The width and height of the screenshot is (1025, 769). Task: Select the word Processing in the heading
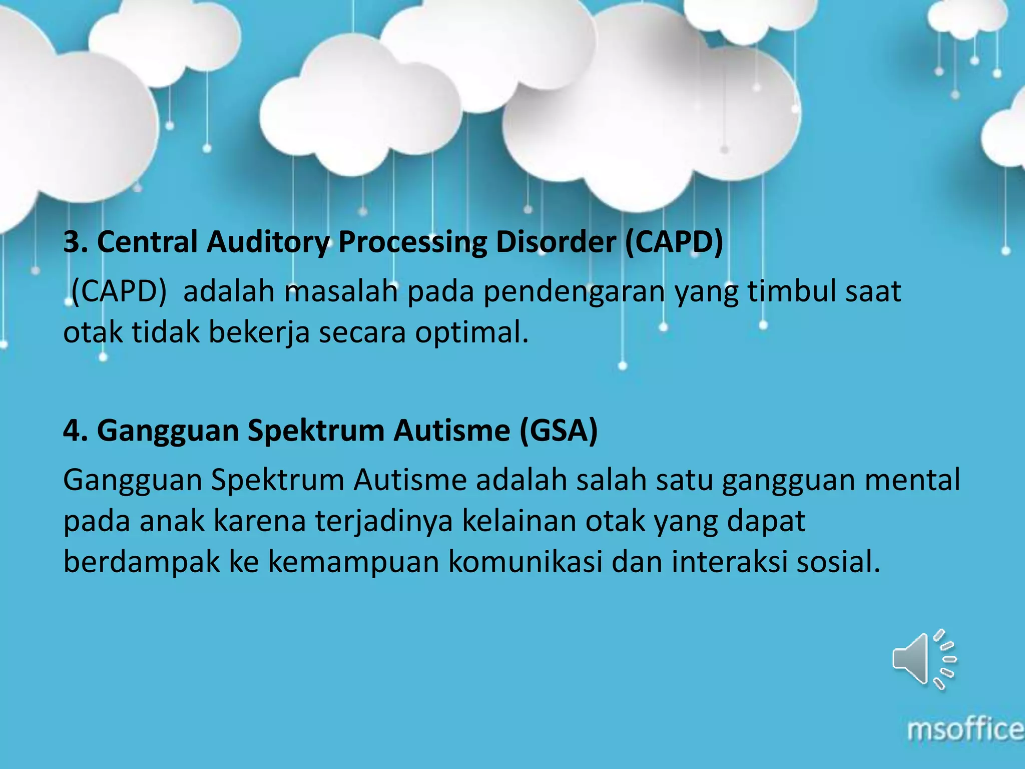pyautogui.click(x=412, y=242)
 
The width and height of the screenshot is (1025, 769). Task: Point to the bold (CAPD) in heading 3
pyautogui.click(x=674, y=242)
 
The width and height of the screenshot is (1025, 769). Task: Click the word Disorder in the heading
pyautogui.click(x=555, y=242)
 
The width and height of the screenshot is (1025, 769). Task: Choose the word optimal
pyautogui.click(x=471, y=333)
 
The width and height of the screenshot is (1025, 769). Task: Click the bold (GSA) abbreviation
pyautogui.click(x=559, y=431)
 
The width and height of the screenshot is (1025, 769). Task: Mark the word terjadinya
pyautogui.click(x=384, y=521)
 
